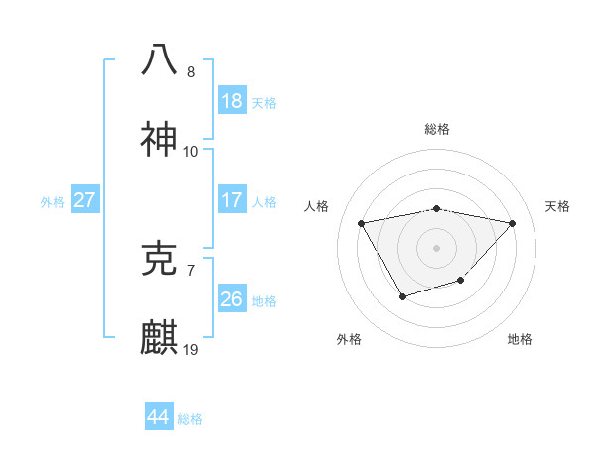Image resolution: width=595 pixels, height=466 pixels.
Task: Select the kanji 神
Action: [159, 140]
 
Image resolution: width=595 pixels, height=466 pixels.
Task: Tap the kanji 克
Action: [159, 259]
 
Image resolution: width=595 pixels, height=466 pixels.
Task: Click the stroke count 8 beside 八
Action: [191, 72]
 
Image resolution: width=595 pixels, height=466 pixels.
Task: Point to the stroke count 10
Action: [191, 152]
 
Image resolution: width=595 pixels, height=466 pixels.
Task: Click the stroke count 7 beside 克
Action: [191, 270]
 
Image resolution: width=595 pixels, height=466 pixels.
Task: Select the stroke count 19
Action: [191, 350]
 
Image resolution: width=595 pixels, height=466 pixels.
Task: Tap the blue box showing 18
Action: [231, 100]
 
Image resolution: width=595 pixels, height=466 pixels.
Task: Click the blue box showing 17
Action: [231, 200]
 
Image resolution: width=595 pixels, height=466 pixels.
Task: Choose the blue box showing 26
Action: [231, 298]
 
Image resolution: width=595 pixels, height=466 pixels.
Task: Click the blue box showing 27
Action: [84, 200]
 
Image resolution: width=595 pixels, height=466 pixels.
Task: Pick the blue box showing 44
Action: [158, 417]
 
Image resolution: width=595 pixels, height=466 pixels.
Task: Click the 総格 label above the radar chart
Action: [437, 129]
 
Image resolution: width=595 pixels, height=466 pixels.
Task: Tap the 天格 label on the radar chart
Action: [558, 206]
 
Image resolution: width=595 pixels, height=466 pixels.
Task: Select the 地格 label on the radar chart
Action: [520, 339]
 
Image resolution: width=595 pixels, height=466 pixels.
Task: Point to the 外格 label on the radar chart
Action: [349, 339]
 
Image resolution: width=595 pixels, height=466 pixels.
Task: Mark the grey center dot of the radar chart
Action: [436, 247]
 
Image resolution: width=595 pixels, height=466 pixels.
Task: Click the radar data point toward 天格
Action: [513, 223]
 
